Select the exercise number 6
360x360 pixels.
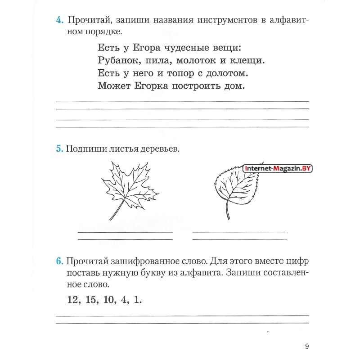(59, 262)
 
